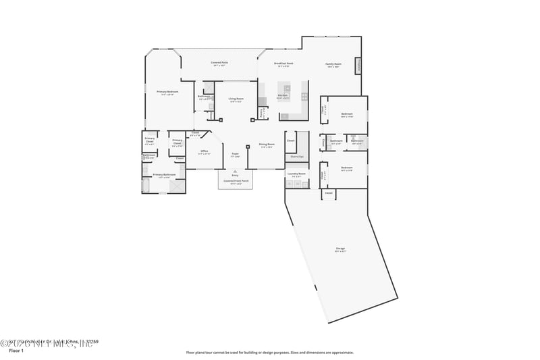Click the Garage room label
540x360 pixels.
(x=340, y=249)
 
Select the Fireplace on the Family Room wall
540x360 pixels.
(x=358, y=66)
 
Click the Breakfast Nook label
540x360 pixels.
(x=283, y=64)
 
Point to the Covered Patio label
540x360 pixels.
(x=219, y=63)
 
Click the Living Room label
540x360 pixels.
(x=236, y=99)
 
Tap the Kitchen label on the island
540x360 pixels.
(x=283, y=96)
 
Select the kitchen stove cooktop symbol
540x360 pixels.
(x=287, y=87)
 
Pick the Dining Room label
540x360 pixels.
(x=267, y=145)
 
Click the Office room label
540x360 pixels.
(x=204, y=151)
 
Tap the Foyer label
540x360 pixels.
(x=235, y=155)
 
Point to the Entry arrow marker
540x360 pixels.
(x=235, y=172)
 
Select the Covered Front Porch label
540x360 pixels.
(x=236, y=181)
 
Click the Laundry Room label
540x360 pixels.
(x=296, y=174)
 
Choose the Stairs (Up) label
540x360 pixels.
(x=296, y=156)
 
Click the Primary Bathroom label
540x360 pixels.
(x=164, y=175)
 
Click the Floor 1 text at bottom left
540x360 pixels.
(x=16, y=351)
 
